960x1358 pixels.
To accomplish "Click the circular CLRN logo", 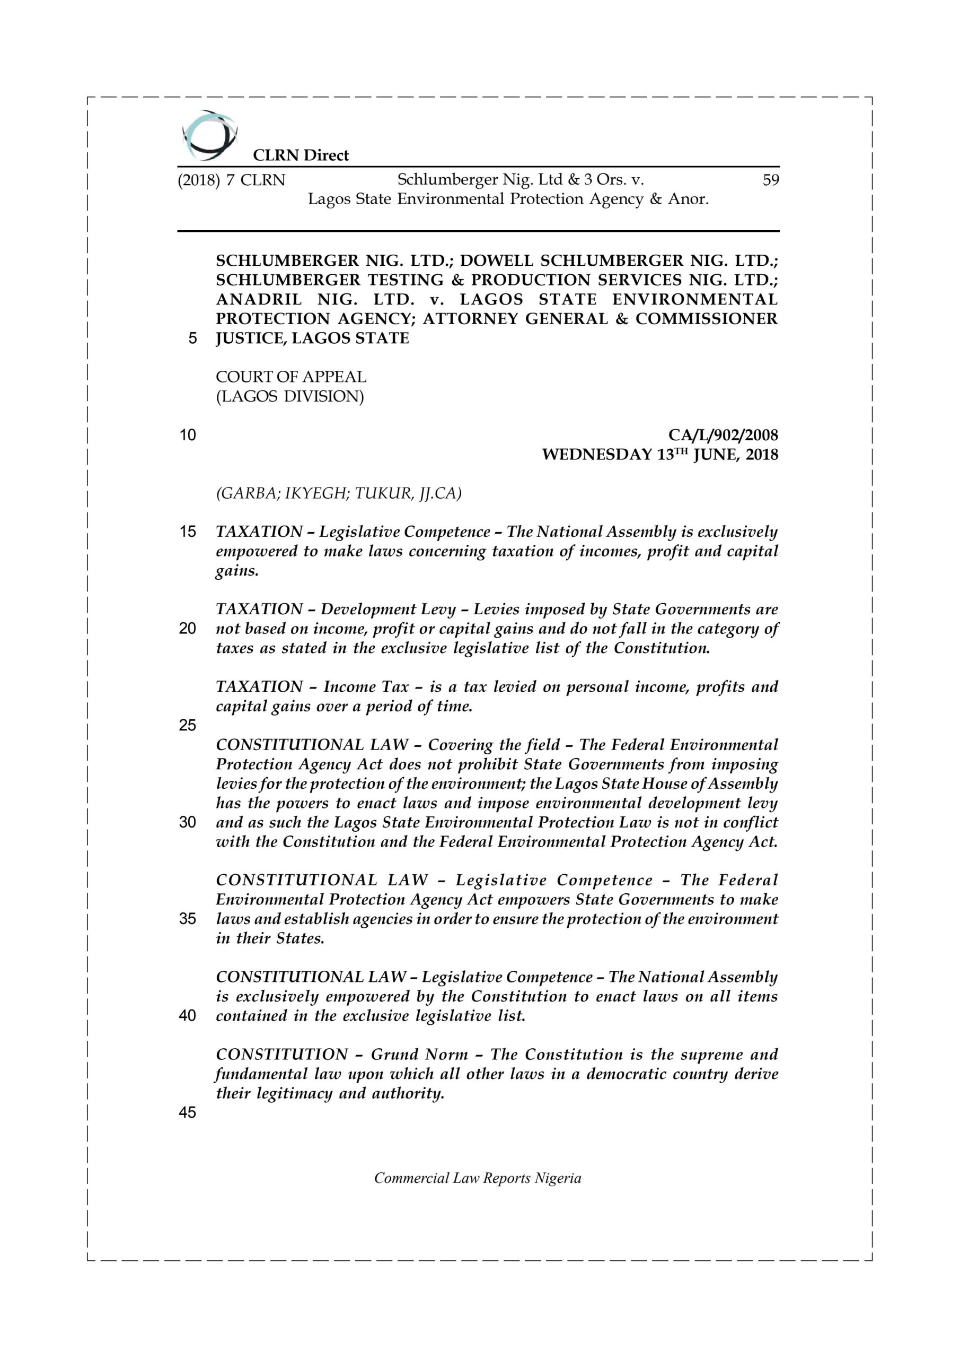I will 210,135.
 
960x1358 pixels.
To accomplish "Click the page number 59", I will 771,180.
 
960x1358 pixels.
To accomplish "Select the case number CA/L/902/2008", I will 723,436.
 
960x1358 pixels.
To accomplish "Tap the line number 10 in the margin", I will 188,436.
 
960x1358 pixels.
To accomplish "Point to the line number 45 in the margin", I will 188,1112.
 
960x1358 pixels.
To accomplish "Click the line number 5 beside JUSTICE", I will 192,339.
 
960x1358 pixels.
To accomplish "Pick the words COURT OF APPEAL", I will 291,377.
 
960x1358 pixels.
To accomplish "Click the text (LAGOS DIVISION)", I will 289,396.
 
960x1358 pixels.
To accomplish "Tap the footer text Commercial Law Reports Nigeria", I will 478,1190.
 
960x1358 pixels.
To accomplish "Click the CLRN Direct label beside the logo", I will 301,155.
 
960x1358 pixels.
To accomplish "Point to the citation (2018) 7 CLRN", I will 232,180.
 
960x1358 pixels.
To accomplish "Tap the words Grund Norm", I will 419,1055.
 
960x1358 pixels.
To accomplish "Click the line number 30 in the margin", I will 188,823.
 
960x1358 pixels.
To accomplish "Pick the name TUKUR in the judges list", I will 383,493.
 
